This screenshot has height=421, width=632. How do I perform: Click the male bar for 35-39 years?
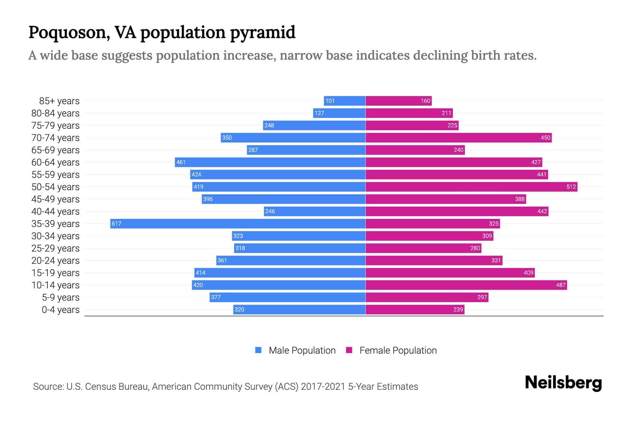(238, 223)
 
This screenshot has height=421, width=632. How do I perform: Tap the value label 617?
(116, 223)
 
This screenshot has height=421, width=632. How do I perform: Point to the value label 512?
(571, 187)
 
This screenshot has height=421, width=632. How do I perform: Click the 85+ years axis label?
(59, 101)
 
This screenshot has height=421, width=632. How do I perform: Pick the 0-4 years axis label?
(60, 310)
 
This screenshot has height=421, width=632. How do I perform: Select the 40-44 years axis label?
(55, 212)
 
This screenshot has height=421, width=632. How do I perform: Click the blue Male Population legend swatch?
(258, 350)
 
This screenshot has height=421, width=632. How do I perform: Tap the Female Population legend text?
(398, 350)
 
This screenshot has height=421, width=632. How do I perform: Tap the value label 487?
(561, 285)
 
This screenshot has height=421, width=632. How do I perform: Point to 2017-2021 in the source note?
(323, 387)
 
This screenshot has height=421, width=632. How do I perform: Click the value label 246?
(270, 211)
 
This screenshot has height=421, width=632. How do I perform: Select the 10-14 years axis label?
(55, 285)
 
